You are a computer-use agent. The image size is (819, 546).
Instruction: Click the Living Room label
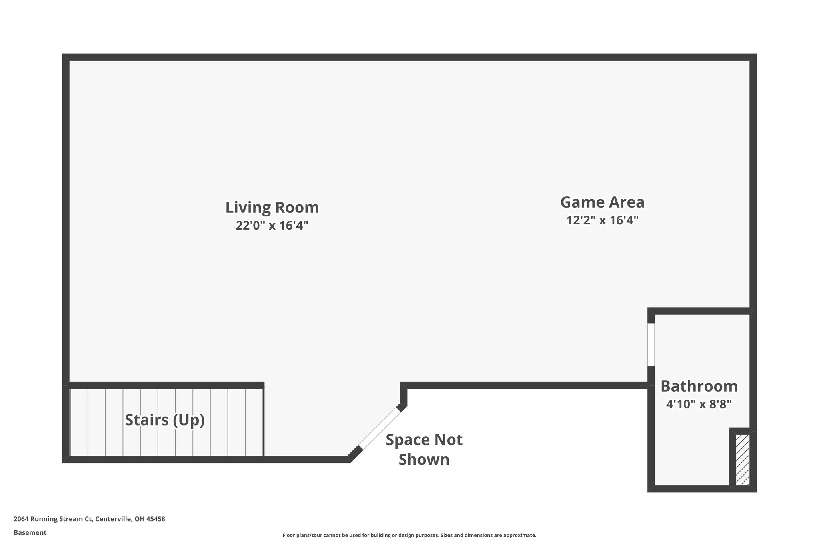272,208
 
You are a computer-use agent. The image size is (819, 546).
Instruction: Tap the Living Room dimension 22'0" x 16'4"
272,226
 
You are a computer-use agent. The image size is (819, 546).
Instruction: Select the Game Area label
602,202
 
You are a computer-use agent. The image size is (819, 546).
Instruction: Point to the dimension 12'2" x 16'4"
602,220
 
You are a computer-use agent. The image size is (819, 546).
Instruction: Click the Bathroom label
699,386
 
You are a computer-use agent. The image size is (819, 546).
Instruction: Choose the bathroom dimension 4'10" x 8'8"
699,404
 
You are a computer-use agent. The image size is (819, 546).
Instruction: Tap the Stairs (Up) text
165,420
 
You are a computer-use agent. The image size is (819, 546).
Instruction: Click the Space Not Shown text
424,450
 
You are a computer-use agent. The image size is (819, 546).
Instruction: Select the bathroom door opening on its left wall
651,344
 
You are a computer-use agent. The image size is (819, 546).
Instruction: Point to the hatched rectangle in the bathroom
743,460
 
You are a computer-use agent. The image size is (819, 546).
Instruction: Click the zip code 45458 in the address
156,519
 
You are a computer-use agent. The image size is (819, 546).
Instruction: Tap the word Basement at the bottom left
30,533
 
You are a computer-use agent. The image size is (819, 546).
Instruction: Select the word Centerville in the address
114,519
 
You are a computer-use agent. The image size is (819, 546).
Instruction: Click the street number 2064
21,519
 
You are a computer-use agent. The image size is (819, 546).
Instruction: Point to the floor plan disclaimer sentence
409,535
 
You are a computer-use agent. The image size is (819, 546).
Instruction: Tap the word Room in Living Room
300,208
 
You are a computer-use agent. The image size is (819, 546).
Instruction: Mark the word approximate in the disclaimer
519,535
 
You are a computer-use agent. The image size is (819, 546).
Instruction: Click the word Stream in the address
71,519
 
